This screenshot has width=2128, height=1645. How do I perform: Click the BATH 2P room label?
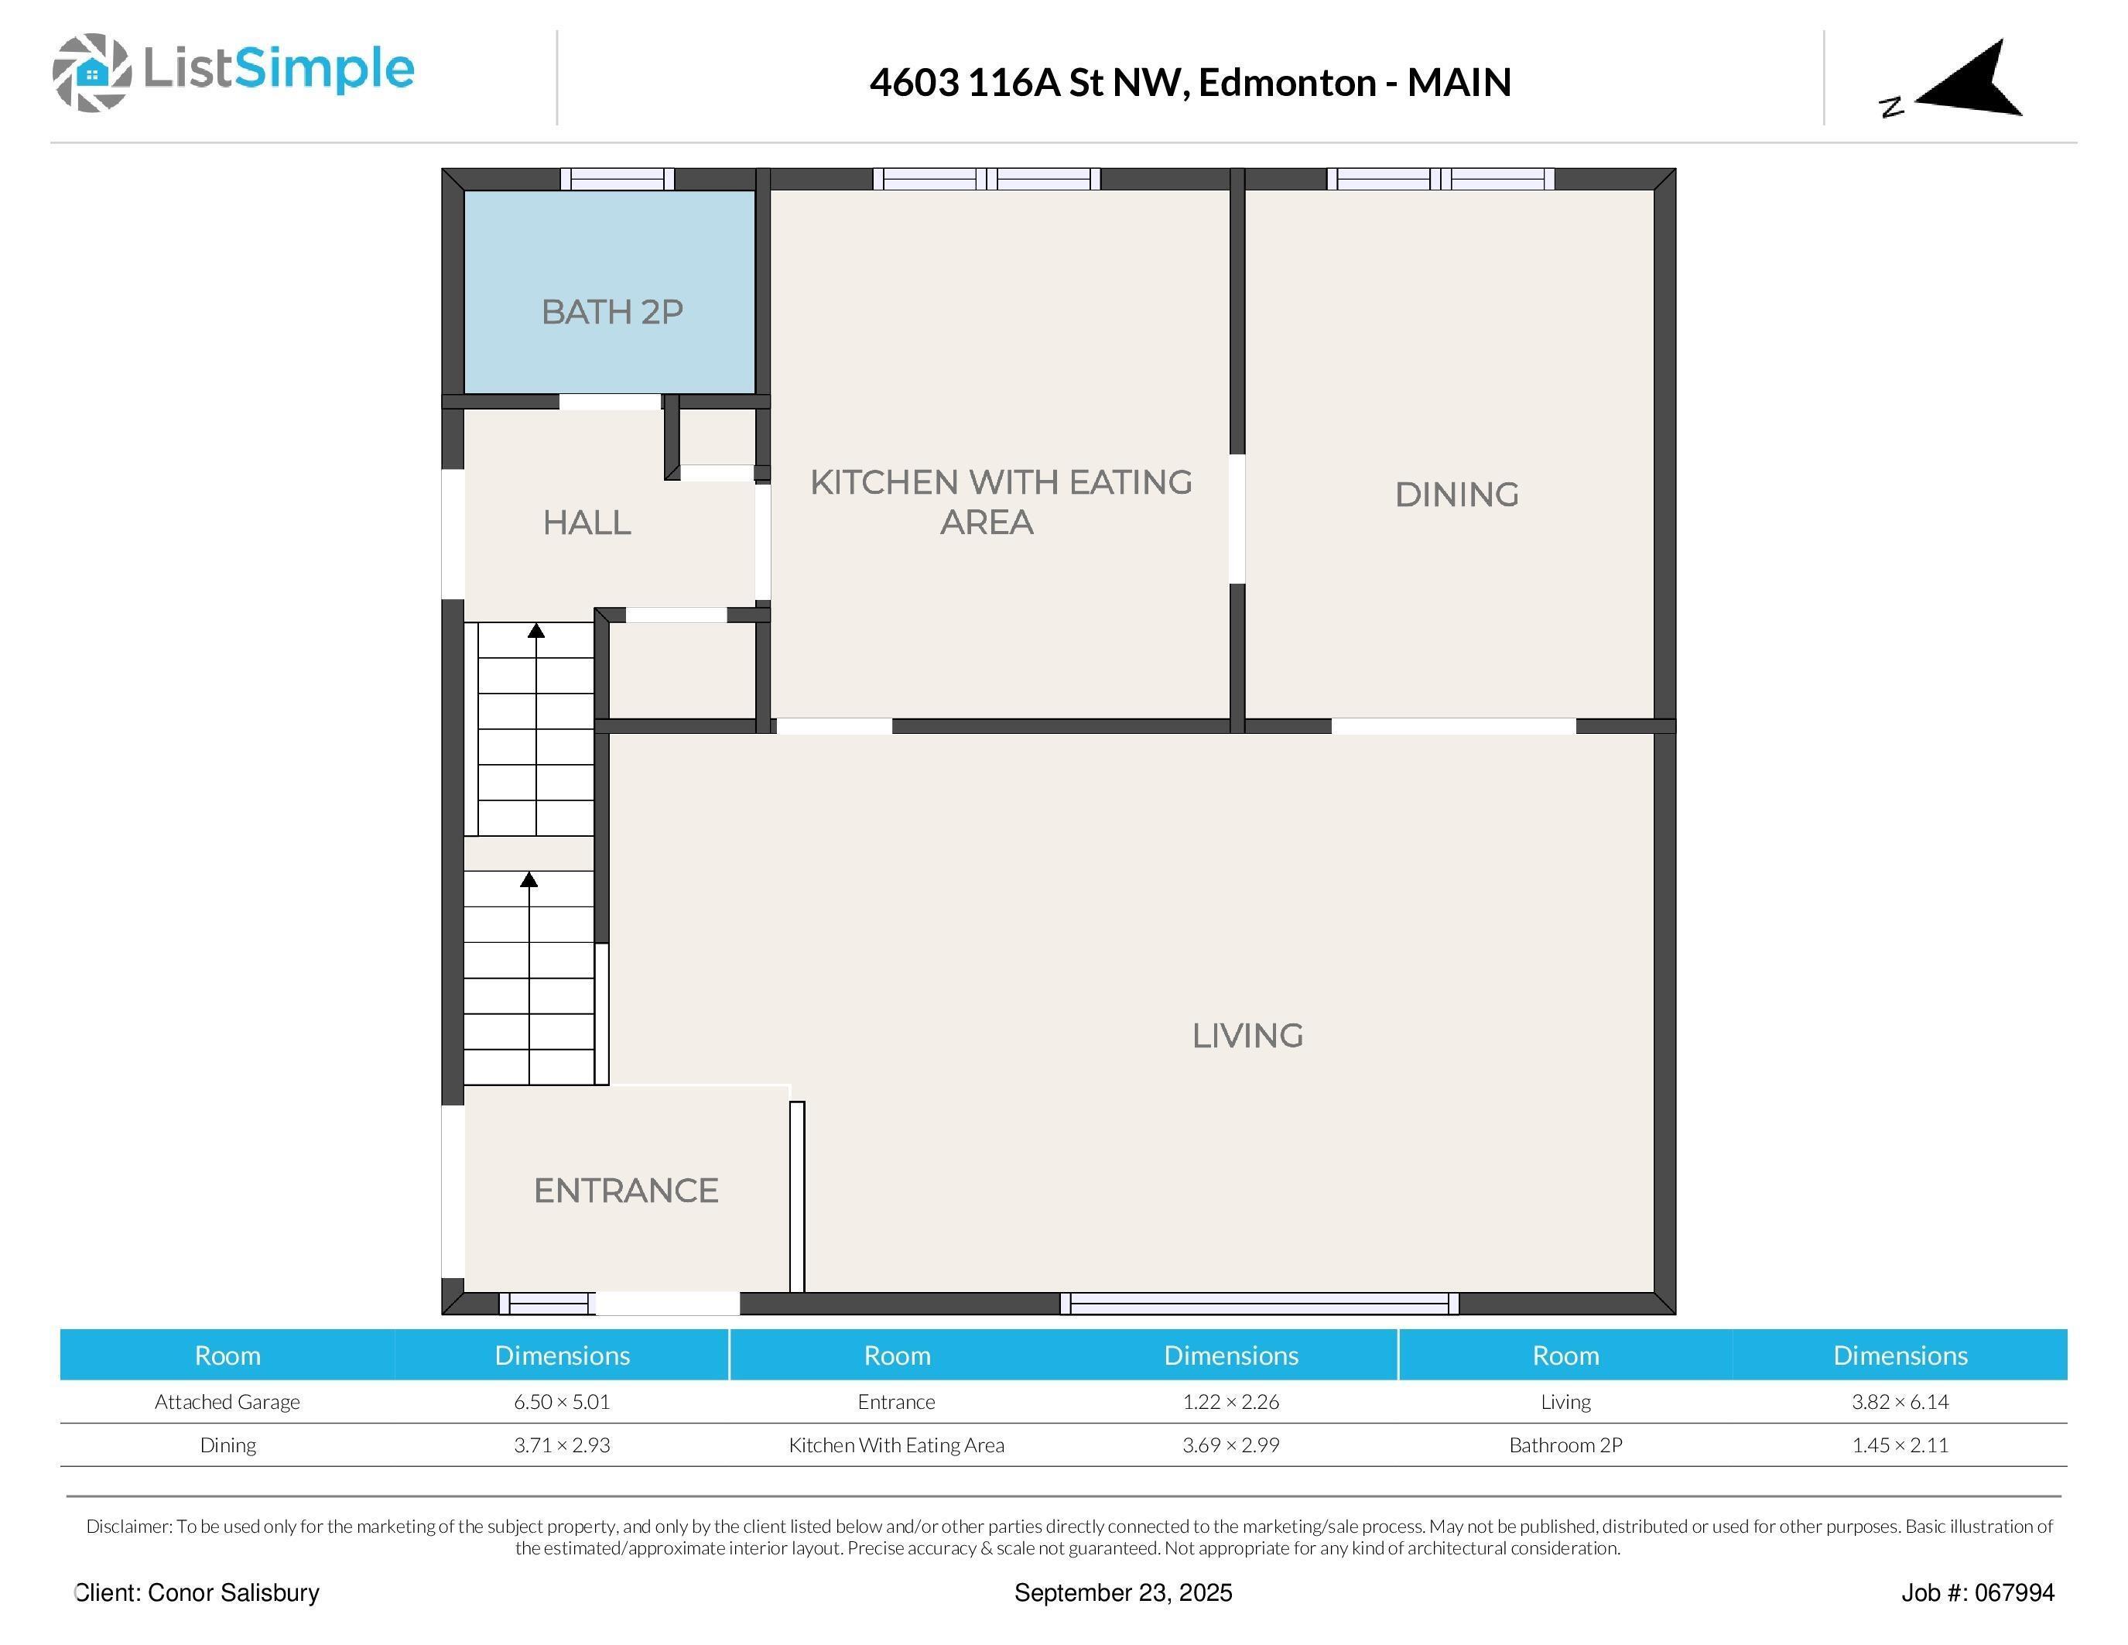612,312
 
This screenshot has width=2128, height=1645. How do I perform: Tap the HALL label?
587,523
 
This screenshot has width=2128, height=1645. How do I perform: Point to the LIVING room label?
1247,1035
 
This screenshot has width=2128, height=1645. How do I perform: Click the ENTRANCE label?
625,1191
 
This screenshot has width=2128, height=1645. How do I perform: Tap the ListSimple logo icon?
91,72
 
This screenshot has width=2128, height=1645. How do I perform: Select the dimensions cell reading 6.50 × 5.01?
563,1401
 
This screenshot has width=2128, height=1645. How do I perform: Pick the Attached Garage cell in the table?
227,1401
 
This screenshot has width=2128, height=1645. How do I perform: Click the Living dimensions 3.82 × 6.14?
1900,1401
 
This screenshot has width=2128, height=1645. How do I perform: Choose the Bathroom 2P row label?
1565,1445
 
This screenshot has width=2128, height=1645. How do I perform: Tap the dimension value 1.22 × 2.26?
1230,1401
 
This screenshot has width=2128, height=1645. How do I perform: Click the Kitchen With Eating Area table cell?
896,1445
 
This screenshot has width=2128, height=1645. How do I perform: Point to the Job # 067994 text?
1977,1592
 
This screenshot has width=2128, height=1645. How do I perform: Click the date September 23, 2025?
1123,1592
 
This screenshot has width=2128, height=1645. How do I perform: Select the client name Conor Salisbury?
233,1592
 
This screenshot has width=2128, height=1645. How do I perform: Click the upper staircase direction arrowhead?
536,630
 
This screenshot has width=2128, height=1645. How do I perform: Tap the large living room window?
1259,1303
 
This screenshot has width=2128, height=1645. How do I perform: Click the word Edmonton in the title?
1286,83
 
